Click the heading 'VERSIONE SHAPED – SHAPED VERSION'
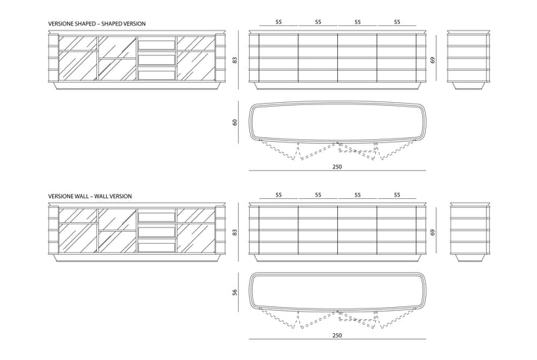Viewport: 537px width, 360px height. click(x=97, y=24)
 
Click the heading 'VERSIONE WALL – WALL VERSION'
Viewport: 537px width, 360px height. click(x=90, y=196)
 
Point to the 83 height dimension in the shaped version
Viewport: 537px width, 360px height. click(x=235, y=60)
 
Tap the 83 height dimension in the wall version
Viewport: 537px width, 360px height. click(x=235, y=233)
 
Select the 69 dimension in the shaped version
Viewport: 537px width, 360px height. click(x=433, y=60)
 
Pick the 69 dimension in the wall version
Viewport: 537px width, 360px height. click(x=433, y=233)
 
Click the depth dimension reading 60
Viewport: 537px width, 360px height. click(x=235, y=121)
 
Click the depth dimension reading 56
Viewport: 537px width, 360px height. click(x=235, y=292)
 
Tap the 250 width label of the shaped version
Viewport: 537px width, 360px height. click(x=337, y=167)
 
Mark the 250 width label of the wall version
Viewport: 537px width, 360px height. click(x=337, y=335)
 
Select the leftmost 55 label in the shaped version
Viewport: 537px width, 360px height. click(x=278, y=22)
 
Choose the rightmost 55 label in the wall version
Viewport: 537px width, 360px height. click(x=397, y=195)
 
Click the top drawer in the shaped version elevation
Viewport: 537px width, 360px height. click(x=157, y=45)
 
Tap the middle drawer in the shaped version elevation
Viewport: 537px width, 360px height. click(x=157, y=60)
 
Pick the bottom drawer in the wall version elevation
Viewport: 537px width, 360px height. click(x=157, y=247)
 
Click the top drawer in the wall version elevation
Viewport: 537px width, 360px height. click(x=157, y=218)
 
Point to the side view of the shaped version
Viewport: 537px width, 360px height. click(x=469, y=60)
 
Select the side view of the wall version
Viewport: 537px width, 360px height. click(x=469, y=233)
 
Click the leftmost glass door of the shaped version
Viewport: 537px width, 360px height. click(x=78, y=59)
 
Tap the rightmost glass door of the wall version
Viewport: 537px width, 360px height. click(x=196, y=231)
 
